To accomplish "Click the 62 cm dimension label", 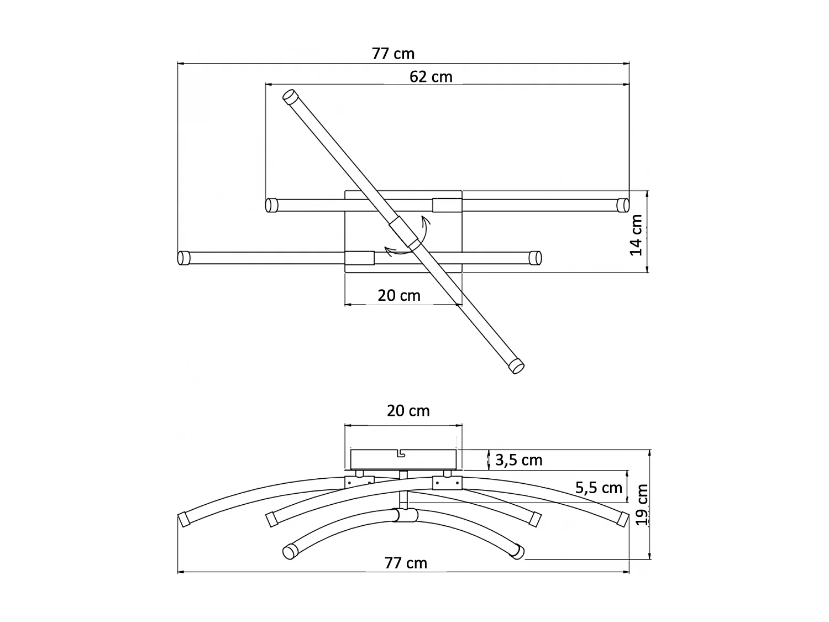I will point(431,77).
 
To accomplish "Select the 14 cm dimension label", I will point(637,235).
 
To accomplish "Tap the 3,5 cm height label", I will point(518,460).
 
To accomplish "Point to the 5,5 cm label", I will point(599,488).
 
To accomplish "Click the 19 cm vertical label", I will point(641,504).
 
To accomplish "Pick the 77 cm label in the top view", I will point(393,54).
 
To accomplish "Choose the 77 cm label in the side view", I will point(406,563).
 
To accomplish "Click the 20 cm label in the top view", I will point(399,295).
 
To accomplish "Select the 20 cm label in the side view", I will point(408,411).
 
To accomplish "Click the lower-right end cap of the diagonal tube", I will point(516,365).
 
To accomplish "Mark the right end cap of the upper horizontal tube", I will point(622,205).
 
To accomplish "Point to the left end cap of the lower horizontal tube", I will point(183,258).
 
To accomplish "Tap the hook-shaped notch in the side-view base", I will point(402,454).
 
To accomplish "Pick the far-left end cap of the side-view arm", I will point(183,519).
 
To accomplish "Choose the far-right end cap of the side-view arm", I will point(623,519).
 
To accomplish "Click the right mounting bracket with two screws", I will point(446,482).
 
